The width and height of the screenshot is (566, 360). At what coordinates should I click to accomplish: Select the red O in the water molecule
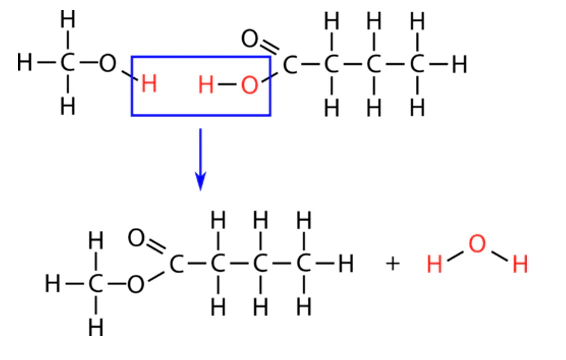(x=476, y=243)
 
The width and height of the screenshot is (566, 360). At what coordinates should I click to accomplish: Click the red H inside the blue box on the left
(x=149, y=84)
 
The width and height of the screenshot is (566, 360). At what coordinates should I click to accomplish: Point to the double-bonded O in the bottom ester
(x=137, y=239)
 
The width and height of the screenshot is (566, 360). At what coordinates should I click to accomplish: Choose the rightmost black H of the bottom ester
(x=346, y=264)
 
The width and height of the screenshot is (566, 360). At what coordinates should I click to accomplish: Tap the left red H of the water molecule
(x=434, y=265)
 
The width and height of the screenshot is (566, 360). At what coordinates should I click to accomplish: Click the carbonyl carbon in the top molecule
(x=290, y=65)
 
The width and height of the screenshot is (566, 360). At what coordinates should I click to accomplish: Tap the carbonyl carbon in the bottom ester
(x=177, y=264)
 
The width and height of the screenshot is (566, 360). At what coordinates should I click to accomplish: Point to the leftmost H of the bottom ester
(x=52, y=284)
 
